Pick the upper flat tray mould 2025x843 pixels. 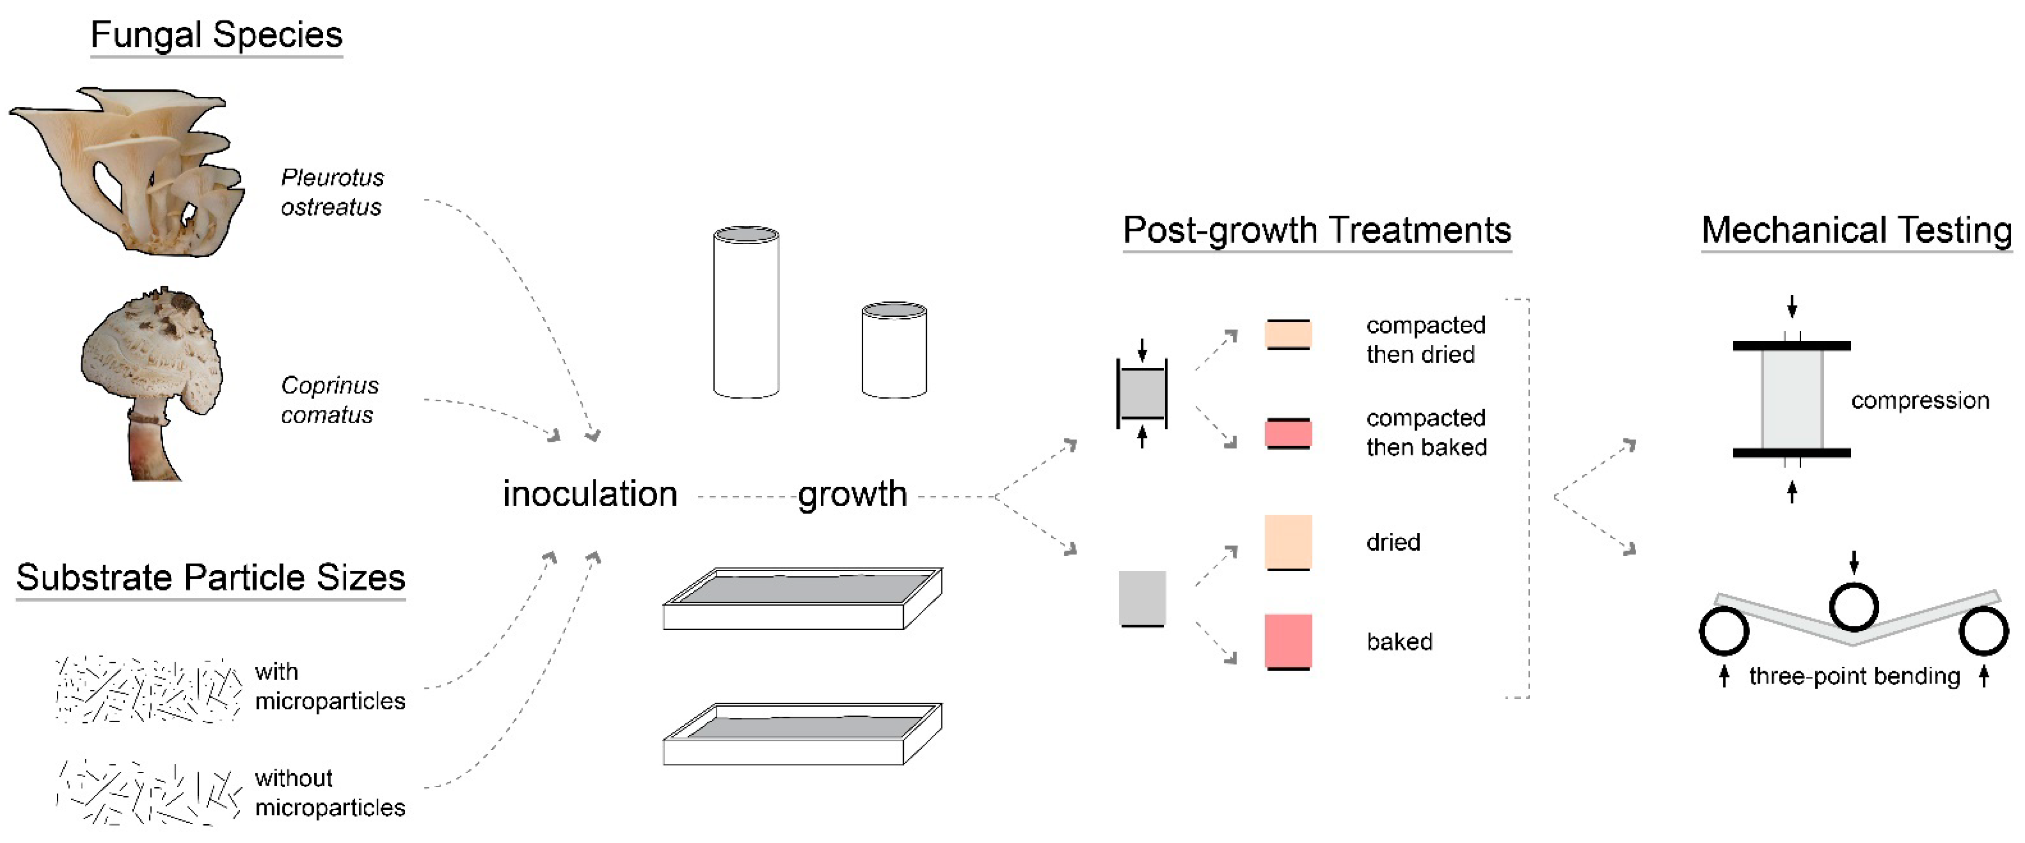[x=802, y=599]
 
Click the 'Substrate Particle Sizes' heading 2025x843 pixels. [x=211, y=577]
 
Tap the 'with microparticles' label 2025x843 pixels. [x=329, y=686]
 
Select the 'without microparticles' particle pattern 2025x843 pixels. [x=148, y=792]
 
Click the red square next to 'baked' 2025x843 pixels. [x=1288, y=641]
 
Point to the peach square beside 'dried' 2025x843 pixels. [x=1288, y=541]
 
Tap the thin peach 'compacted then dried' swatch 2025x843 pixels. [x=1288, y=335]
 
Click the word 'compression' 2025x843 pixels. [x=1919, y=401]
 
